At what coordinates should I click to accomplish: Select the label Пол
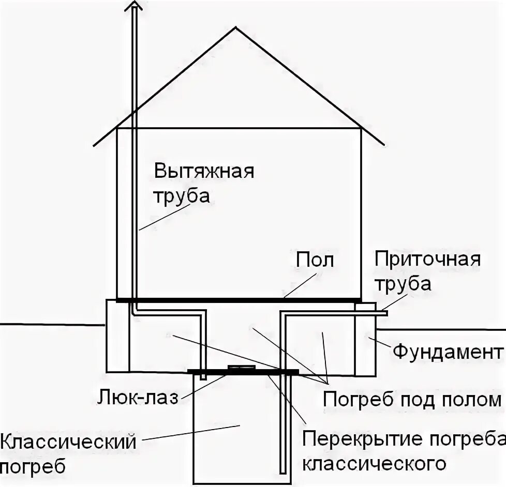(x=315, y=261)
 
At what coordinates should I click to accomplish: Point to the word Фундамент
(x=448, y=353)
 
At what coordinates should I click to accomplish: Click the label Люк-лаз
(x=138, y=398)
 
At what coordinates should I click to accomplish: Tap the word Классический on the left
(x=68, y=443)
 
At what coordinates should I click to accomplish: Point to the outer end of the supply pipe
(x=386, y=312)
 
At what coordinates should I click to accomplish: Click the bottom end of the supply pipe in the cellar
(x=282, y=471)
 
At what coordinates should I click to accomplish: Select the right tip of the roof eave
(x=384, y=145)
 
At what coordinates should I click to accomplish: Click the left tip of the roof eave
(x=94, y=145)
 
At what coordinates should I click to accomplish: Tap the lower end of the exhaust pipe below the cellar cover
(x=203, y=378)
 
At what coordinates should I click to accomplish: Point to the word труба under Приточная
(x=403, y=284)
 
